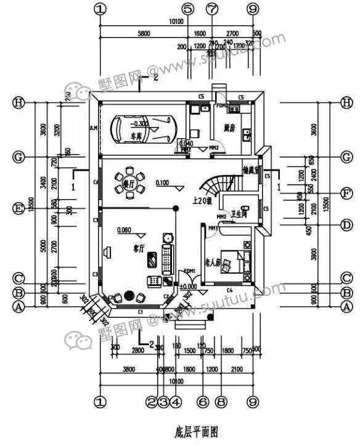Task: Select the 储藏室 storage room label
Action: tap(253, 170)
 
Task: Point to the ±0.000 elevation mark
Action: tap(187, 286)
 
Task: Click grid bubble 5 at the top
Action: tap(188, 9)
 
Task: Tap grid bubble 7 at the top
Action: tap(212, 9)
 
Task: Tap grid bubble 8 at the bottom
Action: tap(221, 401)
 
